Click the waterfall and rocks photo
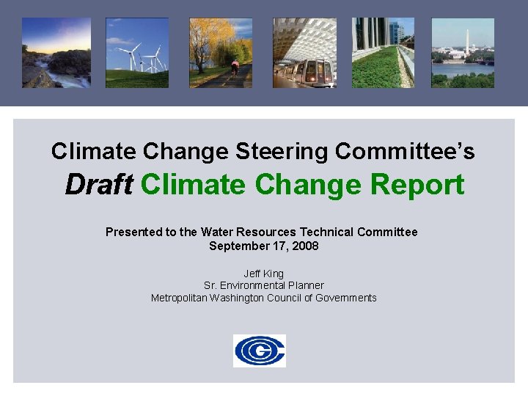(x=56, y=53)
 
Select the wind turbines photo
(x=137, y=53)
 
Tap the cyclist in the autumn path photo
(x=235, y=67)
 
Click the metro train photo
(x=304, y=53)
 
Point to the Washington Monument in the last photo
(x=466, y=43)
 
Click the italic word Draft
(x=98, y=185)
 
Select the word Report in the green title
(x=417, y=185)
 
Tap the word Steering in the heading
(x=283, y=152)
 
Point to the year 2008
(x=305, y=246)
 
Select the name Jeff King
(x=264, y=274)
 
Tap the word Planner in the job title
(x=304, y=285)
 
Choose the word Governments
(x=346, y=298)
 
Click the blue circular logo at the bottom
(x=260, y=351)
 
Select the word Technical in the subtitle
(x=330, y=232)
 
